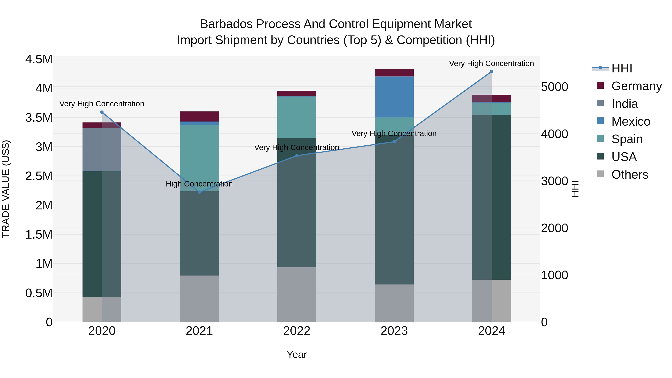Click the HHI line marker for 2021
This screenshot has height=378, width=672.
click(199, 192)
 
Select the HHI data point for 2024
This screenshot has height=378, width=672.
click(491, 71)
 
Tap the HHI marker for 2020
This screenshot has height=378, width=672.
click(102, 112)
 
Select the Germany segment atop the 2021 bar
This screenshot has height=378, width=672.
click(199, 116)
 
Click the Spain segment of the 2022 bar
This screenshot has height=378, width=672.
click(297, 117)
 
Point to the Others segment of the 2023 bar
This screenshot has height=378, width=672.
click(394, 303)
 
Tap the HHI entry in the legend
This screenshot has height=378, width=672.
click(621, 68)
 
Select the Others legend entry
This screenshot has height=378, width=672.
click(629, 175)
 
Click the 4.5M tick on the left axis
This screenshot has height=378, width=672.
click(39, 59)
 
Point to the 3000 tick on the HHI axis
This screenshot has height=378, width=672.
click(554, 181)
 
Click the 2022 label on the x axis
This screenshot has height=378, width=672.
click(297, 331)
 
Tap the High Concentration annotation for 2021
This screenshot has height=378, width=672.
click(199, 184)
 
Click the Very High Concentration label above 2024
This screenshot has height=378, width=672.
click(491, 63)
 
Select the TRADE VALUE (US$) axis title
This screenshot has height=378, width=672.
click(6, 189)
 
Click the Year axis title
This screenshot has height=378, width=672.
click(297, 354)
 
